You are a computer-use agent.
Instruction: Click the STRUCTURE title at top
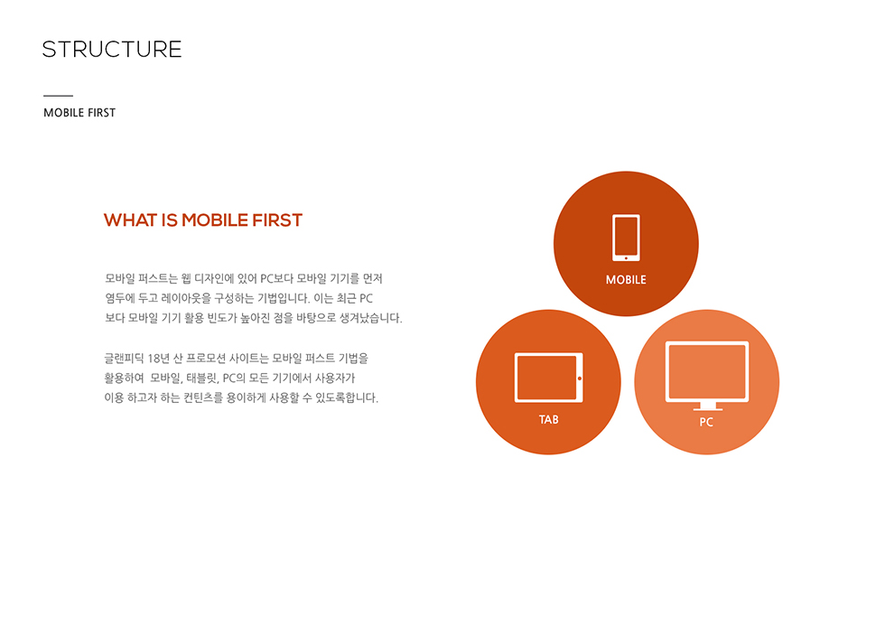tap(112, 49)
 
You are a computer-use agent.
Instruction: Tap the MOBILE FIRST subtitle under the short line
tap(79, 113)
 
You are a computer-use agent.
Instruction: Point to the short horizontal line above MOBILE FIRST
tap(58, 96)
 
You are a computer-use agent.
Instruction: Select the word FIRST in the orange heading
tap(277, 220)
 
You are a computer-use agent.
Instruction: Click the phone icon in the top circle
tap(626, 238)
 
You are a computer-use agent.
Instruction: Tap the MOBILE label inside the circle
tap(626, 280)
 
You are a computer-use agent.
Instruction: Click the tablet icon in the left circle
tap(549, 378)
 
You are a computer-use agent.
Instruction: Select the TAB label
tap(549, 419)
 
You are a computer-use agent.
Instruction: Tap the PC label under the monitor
tap(706, 422)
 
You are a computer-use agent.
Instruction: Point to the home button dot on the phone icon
tap(626, 258)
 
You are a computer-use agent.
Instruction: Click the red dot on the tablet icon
tap(580, 378)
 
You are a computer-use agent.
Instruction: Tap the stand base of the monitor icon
tap(707, 409)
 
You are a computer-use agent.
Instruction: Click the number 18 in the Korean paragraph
tap(154, 359)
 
